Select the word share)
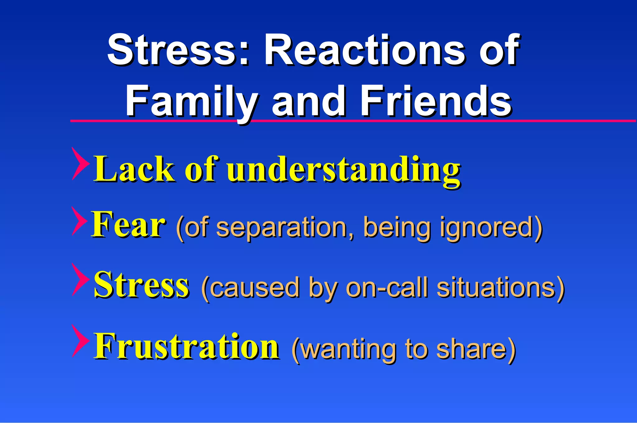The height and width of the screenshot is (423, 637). click(476, 350)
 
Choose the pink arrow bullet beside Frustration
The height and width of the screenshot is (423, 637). click(79, 341)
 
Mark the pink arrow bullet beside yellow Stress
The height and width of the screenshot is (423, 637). click(79, 280)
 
